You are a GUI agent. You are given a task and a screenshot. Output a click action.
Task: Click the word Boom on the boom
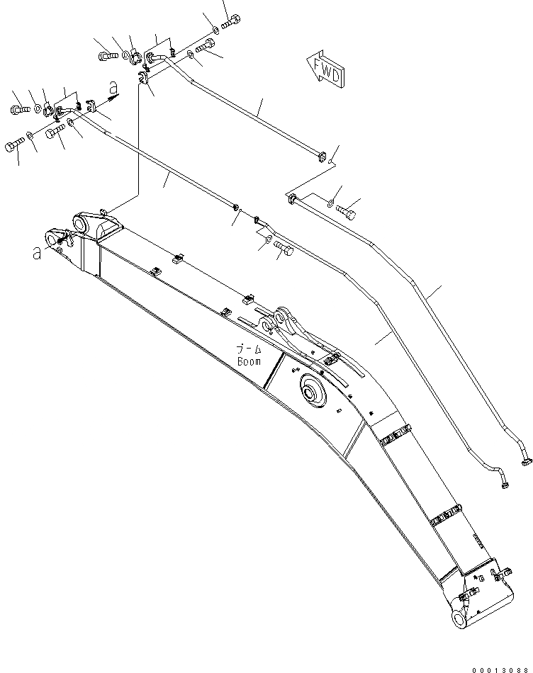tap(249, 361)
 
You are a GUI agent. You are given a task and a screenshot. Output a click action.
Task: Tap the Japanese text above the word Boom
tap(249, 349)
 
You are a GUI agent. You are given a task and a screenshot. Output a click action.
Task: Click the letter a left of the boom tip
tap(36, 253)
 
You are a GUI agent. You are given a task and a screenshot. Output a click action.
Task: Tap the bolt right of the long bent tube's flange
tap(346, 209)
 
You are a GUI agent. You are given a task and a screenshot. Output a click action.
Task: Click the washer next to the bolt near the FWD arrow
tap(331, 205)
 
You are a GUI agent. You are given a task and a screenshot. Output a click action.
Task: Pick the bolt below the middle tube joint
tap(284, 248)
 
